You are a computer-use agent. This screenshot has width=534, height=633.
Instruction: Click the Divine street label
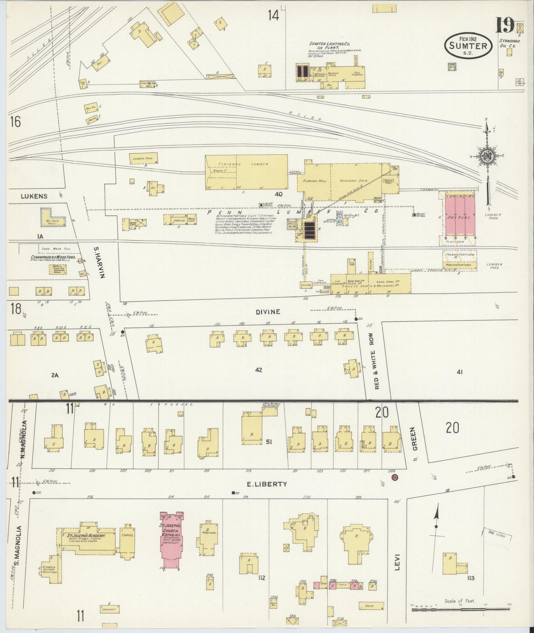point(268,312)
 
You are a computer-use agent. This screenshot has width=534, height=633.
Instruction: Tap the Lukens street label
point(34,196)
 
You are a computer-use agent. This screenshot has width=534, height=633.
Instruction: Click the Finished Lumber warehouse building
point(246,172)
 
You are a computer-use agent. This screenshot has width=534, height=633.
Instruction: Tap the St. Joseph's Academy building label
point(86,536)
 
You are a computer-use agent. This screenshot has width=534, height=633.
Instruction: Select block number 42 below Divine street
point(258,370)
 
